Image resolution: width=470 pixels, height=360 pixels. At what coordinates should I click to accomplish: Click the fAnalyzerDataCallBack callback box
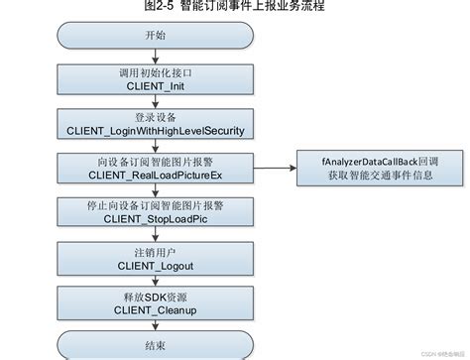click(368, 166)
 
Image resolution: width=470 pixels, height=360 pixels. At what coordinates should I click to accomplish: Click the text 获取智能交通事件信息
click(368, 175)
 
